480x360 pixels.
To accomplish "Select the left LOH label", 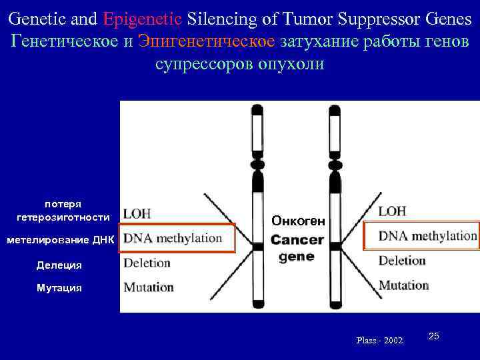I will [x=137, y=213].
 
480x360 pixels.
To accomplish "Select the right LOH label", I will [x=392, y=211].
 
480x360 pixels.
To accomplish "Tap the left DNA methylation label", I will [x=173, y=238].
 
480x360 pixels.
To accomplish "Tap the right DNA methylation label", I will [x=427, y=236].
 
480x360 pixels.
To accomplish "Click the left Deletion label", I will [x=147, y=263].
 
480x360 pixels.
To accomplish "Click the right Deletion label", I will [x=402, y=261].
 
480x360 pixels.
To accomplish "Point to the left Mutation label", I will [x=149, y=287].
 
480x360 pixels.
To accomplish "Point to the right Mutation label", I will [x=403, y=285].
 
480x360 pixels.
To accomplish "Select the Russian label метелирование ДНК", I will [x=61, y=240].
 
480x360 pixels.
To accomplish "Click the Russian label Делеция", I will [x=59, y=265].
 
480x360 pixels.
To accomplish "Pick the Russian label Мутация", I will [x=59, y=288].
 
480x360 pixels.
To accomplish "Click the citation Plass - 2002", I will [x=379, y=341].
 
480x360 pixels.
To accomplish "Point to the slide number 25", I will [x=433, y=336].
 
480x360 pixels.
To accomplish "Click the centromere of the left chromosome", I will [x=257, y=163].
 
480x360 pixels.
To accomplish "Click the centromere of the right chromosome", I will [x=335, y=163].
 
